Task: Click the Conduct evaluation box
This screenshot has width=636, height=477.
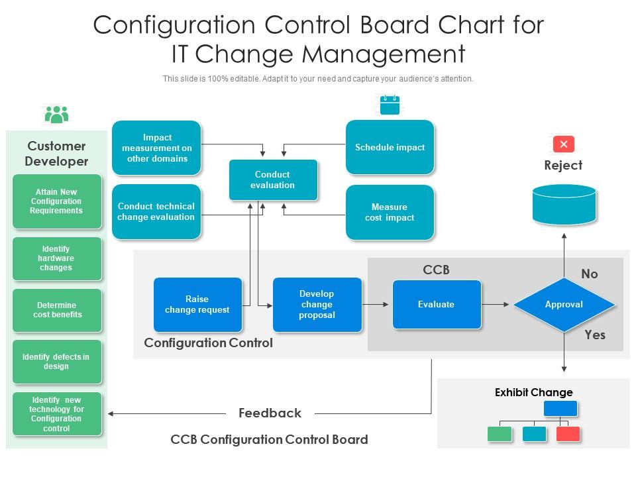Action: pos(273,180)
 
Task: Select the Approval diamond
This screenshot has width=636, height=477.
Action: pos(564,305)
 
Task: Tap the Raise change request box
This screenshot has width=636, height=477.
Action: pos(197,305)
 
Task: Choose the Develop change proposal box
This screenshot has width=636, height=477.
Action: pos(317,305)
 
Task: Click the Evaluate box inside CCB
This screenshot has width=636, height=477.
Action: pos(436,305)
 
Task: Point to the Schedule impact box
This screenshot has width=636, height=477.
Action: pos(390,147)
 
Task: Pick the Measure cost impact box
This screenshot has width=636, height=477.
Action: pos(390,212)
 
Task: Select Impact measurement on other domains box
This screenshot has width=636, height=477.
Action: pos(156,148)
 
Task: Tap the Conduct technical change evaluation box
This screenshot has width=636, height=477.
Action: pos(156,211)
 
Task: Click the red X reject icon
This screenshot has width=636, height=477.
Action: pos(563,144)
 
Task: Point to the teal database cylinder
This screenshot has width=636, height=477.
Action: pos(564,204)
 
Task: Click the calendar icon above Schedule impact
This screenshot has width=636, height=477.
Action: pos(390,105)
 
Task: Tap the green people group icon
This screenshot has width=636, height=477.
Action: pos(57,115)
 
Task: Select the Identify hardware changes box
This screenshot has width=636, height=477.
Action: pos(56,258)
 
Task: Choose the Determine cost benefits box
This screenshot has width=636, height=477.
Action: pos(57,310)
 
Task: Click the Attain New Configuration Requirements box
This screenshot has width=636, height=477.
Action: pos(56,201)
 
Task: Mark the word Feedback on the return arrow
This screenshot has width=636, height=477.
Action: pos(270,413)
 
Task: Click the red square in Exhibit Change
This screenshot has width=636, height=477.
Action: pos(568,434)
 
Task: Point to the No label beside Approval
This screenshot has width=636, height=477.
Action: pos(589,274)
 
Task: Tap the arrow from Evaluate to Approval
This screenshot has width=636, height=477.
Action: pos(497,305)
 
